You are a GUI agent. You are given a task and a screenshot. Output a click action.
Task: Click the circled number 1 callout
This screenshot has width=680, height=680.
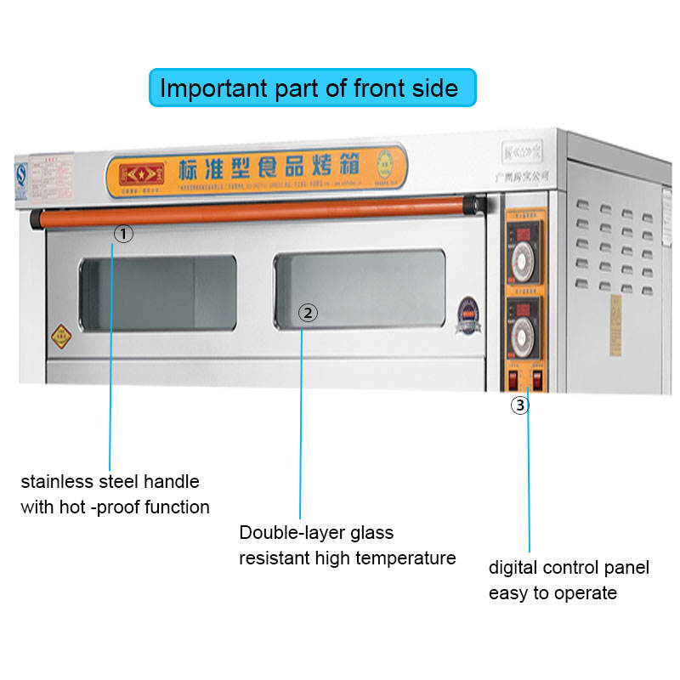point(124,234)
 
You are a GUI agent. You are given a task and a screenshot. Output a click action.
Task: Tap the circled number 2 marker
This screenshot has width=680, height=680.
point(309,313)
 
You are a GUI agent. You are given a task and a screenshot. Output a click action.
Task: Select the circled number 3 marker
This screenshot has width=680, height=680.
point(519,405)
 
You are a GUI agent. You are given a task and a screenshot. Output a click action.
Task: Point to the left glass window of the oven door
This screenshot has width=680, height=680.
point(158,293)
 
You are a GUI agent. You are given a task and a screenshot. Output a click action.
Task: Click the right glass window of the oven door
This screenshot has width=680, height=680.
point(360,288)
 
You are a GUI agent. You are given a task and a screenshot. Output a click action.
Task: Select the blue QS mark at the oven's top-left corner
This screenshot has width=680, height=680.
point(22,174)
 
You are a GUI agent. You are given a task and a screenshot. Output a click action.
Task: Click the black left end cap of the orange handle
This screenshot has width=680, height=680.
point(36,220)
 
